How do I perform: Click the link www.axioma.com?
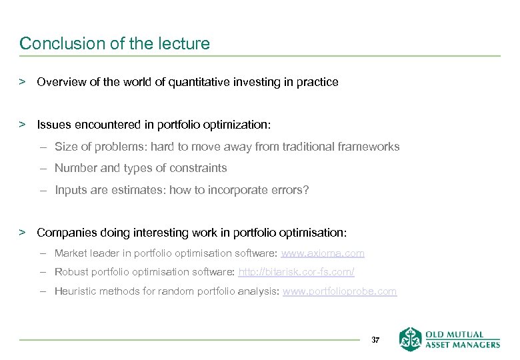pyautogui.click(x=323, y=253)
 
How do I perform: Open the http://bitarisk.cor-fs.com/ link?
pyautogui.click(x=296, y=272)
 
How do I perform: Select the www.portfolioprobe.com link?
pyautogui.click(x=339, y=291)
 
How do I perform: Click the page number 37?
pyautogui.click(x=375, y=340)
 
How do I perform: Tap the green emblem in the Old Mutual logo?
pyautogui.click(x=410, y=339)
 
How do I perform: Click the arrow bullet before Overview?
pyautogui.click(x=23, y=82)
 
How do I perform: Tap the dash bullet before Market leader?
pyautogui.click(x=43, y=253)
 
